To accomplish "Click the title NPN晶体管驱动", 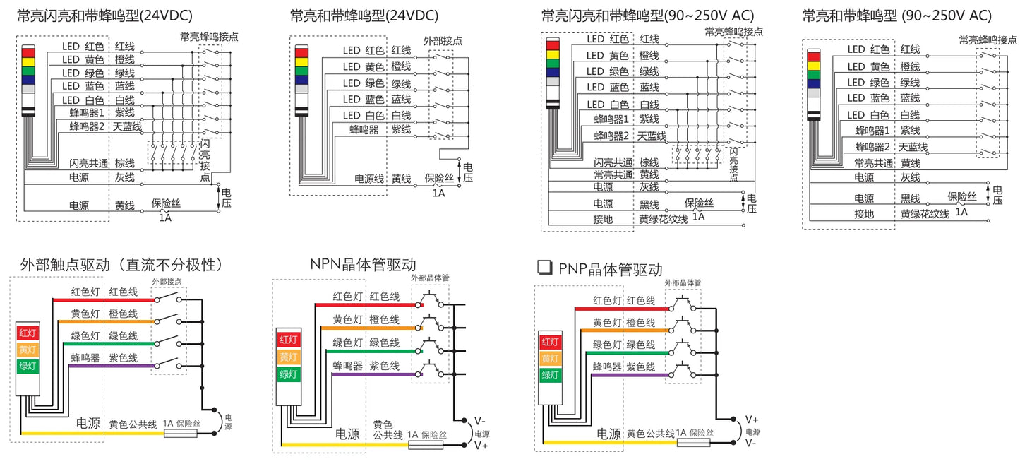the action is (x=363, y=264).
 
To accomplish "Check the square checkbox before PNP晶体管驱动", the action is (x=545, y=268).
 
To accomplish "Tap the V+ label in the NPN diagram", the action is (x=481, y=446).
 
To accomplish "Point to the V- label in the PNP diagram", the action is (x=751, y=443).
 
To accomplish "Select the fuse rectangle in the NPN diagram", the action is (x=426, y=444).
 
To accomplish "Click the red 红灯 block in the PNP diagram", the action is (x=550, y=342).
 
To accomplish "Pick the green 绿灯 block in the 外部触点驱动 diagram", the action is (x=28, y=366).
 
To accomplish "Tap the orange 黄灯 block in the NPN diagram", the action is (x=288, y=357).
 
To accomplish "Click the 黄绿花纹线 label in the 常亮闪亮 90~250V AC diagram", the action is (x=663, y=219).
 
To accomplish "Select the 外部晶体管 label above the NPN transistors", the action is (x=430, y=278).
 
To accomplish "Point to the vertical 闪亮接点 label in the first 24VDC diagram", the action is (x=205, y=160).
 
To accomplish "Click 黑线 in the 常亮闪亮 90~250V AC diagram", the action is (x=649, y=205).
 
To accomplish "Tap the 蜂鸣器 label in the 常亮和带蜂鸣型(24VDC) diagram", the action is (x=364, y=130).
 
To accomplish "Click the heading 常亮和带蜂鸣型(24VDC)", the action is (x=364, y=16).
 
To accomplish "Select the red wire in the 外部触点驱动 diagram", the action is (x=104, y=300).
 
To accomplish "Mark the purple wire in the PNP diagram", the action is (x=630, y=375).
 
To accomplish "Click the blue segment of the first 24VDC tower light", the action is (x=28, y=80).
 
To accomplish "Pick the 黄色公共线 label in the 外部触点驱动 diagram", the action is (x=133, y=424).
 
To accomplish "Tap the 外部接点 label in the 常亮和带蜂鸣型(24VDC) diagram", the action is (x=443, y=41).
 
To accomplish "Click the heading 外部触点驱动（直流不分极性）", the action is (x=121, y=265).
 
